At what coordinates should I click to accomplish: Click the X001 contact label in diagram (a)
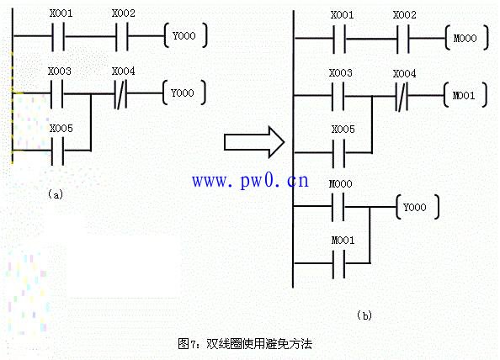point(61,13)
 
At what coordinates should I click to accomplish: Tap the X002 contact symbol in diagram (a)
point(121,36)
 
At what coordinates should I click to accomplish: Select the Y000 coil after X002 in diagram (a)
point(185,35)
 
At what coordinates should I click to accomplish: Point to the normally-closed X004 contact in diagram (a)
point(120,93)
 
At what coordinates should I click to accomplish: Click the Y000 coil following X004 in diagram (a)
point(184,93)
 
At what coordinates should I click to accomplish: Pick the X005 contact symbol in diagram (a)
point(58,151)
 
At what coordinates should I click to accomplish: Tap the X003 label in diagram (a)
point(60,71)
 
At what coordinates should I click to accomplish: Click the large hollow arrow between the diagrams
point(254,142)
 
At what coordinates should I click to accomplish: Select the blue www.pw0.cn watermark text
point(250,180)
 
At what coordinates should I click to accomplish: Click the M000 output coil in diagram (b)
point(466,38)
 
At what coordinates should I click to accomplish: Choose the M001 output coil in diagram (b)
point(465,95)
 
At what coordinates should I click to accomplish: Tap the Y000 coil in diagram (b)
point(418,207)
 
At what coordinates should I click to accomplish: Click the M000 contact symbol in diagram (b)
point(338,207)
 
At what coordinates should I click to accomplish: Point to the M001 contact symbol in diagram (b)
point(338,264)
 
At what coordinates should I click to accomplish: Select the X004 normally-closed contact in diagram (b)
point(402,96)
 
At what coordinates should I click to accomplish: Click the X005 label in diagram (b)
point(343,129)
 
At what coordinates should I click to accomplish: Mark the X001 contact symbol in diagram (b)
point(339,39)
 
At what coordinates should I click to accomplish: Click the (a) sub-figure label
point(56,194)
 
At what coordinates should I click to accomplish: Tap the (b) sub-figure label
point(364,315)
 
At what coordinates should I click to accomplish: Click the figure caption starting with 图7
point(245,344)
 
